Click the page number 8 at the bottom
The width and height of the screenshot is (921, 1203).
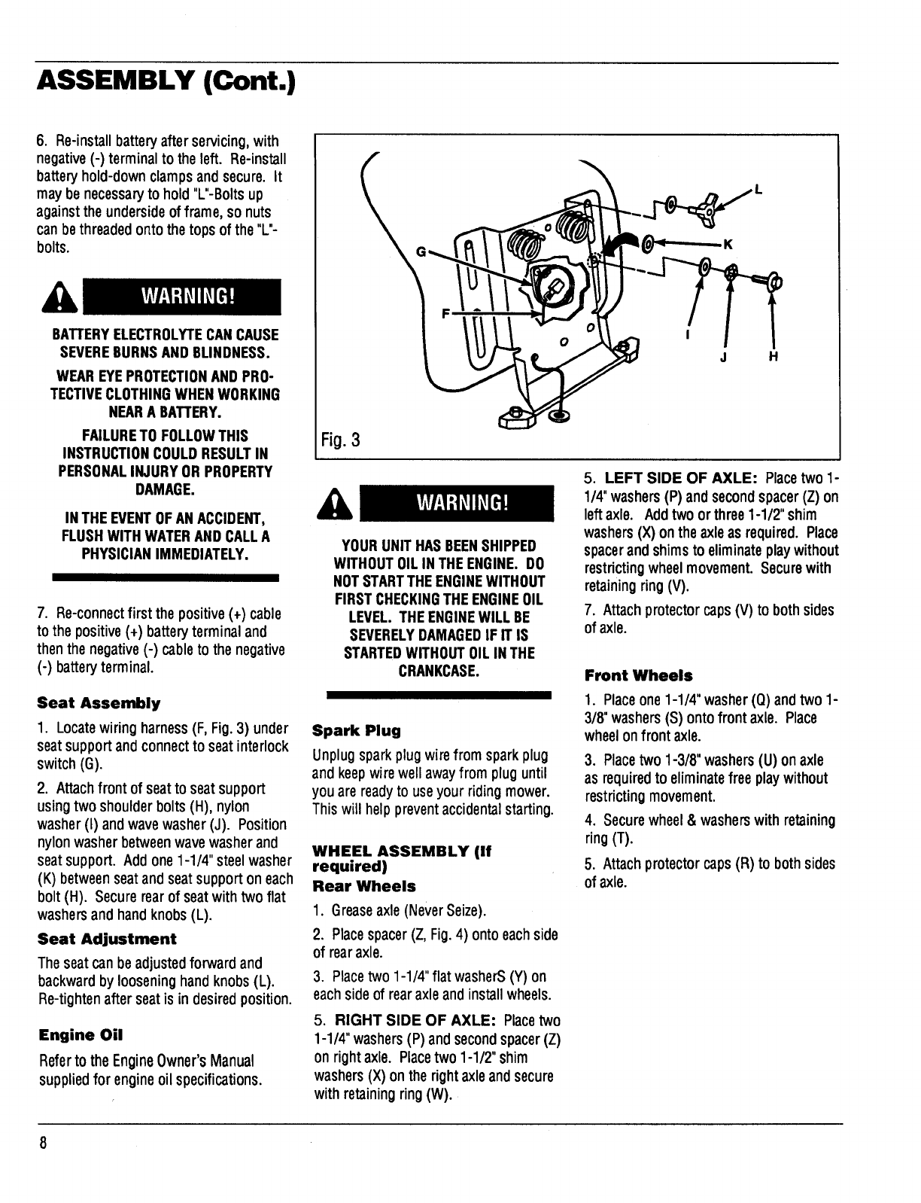[43, 1142]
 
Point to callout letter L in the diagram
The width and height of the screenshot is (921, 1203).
[758, 190]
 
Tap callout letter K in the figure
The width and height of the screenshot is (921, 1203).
[728, 243]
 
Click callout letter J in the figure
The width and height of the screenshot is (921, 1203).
[724, 358]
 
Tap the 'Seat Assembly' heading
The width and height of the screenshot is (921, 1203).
[99, 704]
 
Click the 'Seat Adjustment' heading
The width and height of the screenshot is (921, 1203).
[107, 939]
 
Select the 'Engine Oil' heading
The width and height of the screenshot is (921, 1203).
[81, 1035]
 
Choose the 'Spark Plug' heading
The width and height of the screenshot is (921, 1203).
[356, 731]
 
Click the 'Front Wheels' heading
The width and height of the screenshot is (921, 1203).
[638, 675]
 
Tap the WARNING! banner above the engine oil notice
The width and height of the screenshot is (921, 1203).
[457, 504]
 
